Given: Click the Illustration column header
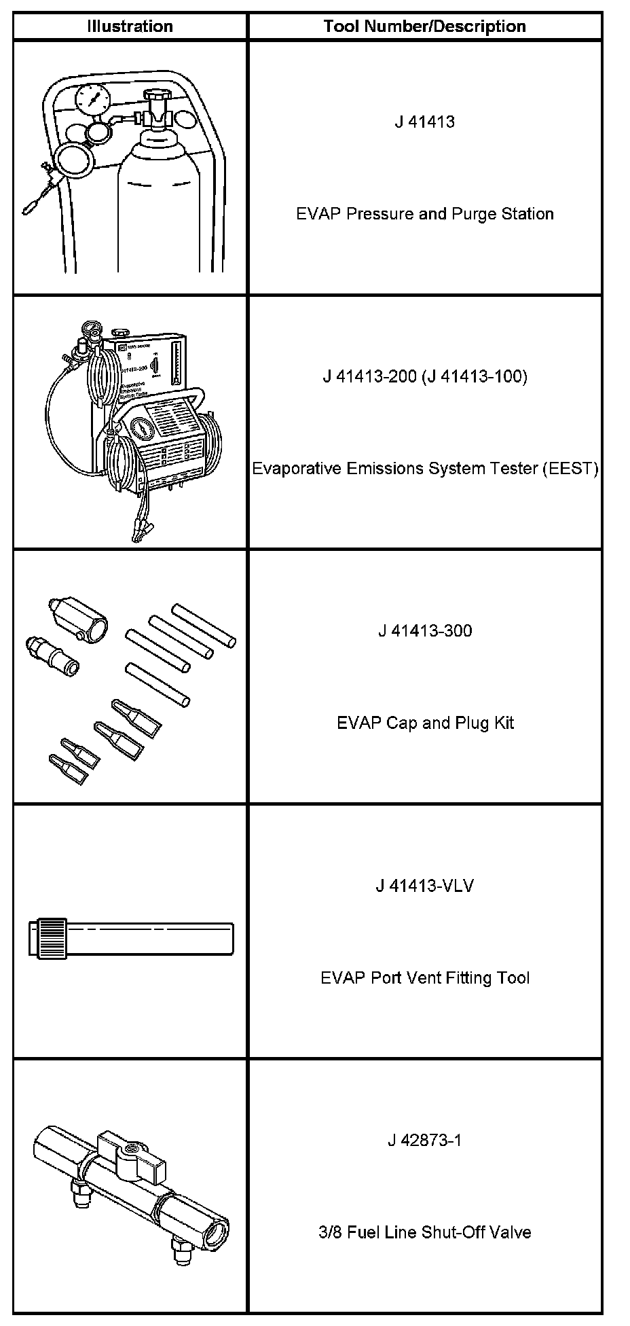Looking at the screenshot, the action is (x=130, y=26).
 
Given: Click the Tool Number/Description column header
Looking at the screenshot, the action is (x=424, y=26).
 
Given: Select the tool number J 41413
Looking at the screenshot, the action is (x=424, y=122).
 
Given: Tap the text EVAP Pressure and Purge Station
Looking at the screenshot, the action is (x=424, y=214).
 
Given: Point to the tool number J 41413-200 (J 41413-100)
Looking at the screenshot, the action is (x=424, y=376).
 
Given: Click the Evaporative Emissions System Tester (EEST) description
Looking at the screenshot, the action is (x=424, y=468).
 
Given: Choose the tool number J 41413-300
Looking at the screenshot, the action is (x=424, y=630).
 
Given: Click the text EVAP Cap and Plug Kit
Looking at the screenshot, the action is (x=424, y=722).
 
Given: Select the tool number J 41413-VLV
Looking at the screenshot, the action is (x=424, y=886).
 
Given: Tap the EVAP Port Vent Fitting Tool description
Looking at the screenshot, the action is (x=424, y=978).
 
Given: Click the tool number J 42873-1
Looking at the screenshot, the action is (x=424, y=1140).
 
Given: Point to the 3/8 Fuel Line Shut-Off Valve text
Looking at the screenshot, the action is (x=424, y=1232).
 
